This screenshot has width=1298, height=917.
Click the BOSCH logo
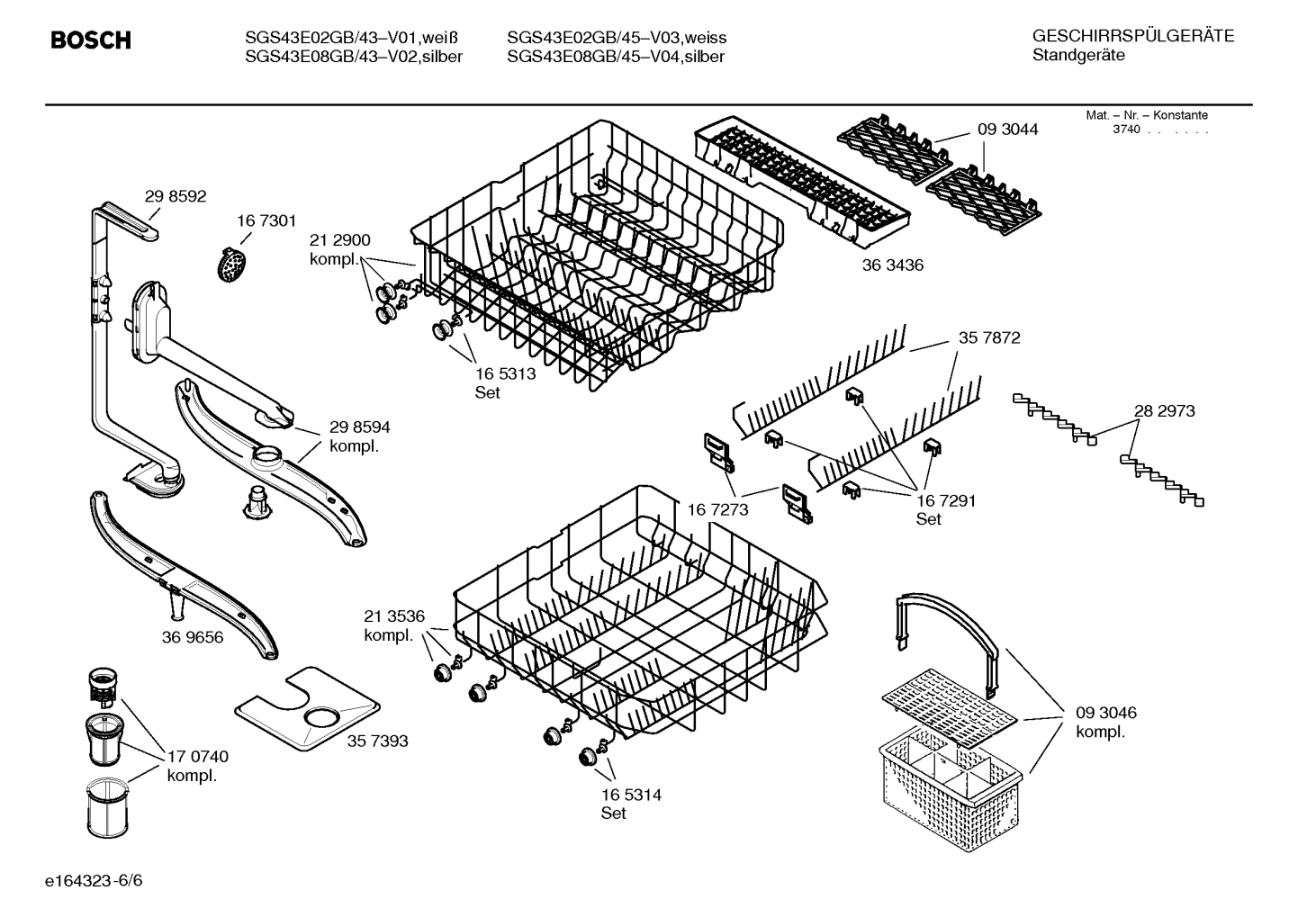tap(91, 40)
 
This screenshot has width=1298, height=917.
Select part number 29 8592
tap(176, 196)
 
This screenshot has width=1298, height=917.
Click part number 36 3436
tap(892, 265)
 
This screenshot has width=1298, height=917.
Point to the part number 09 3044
tap(1007, 130)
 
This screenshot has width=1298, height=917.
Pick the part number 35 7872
tap(989, 338)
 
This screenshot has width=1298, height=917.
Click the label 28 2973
tap(1164, 410)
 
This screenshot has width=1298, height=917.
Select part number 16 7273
tap(717, 510)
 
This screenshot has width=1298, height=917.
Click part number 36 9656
tap(193, 638)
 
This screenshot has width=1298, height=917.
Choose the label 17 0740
tap(198, 757)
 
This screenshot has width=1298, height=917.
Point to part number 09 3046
tap(1106, 713)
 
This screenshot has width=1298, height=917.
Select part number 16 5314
tap(632, 795)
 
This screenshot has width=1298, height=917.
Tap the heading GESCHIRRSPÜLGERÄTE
tap(1133, 36)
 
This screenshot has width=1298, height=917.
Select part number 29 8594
tap(360, 427)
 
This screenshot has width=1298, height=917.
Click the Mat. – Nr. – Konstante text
tap(1147, 115)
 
